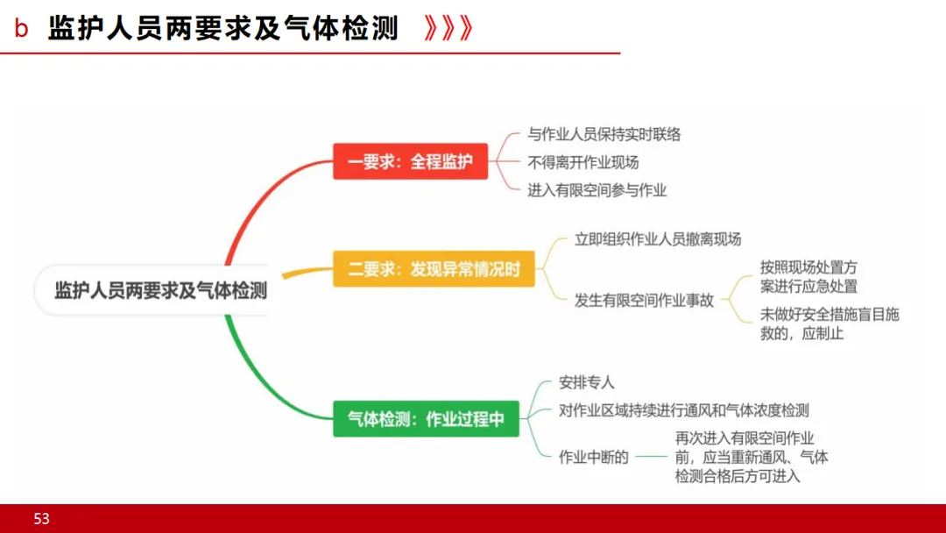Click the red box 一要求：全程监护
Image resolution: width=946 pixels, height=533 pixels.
410,161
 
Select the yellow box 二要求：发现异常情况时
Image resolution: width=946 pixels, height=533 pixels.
434,269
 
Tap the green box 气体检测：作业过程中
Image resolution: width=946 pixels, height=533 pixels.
426,419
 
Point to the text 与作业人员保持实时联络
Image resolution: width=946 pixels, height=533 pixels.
604,135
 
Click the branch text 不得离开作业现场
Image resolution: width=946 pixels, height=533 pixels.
582,162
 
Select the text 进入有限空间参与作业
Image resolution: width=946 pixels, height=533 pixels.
597,189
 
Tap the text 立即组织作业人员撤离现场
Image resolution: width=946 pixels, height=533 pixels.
657,239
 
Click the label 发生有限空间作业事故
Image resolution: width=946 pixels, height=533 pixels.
644,300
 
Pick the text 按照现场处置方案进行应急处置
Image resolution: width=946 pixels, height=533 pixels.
808,277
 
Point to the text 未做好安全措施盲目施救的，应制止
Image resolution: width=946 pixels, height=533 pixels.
830,323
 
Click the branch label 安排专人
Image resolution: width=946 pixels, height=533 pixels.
586,383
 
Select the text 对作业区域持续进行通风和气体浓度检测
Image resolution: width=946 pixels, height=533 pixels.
683,410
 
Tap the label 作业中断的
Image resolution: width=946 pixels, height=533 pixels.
593,457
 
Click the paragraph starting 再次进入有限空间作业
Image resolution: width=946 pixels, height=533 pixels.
751,457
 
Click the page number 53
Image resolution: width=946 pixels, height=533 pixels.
42,519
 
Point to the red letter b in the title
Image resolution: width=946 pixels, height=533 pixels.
22,29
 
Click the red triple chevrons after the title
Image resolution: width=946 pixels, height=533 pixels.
447,29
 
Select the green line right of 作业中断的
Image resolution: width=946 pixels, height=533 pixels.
650,457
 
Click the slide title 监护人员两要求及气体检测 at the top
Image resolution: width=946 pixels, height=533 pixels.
223,29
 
